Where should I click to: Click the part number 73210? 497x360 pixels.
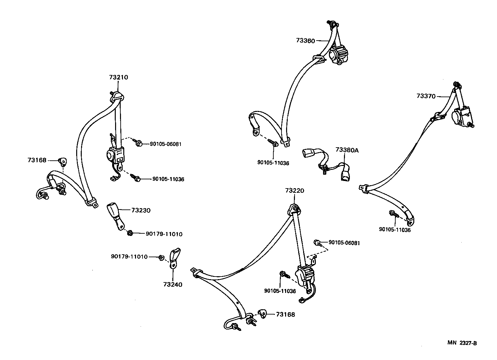point(118,78)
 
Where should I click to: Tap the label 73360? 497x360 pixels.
point(305,41)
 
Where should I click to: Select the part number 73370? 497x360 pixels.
point(426,96)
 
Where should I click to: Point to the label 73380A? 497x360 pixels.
point(347,150)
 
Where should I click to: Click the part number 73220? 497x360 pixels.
point(295,190)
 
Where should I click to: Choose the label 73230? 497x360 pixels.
point(141,210)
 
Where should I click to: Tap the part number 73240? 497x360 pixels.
point(173,284)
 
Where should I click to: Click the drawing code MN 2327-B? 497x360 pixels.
point(462,343)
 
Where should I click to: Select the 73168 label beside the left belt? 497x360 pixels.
point(37,160)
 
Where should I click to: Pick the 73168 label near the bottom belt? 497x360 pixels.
point(285,315)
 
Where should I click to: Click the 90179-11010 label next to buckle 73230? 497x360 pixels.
point(164,234)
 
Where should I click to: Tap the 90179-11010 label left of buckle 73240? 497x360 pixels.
point(129,257)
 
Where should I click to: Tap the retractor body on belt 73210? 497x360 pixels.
point(115,154)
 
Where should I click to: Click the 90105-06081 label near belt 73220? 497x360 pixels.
point(344,243)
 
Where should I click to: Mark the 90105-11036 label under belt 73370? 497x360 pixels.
point(395,230)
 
